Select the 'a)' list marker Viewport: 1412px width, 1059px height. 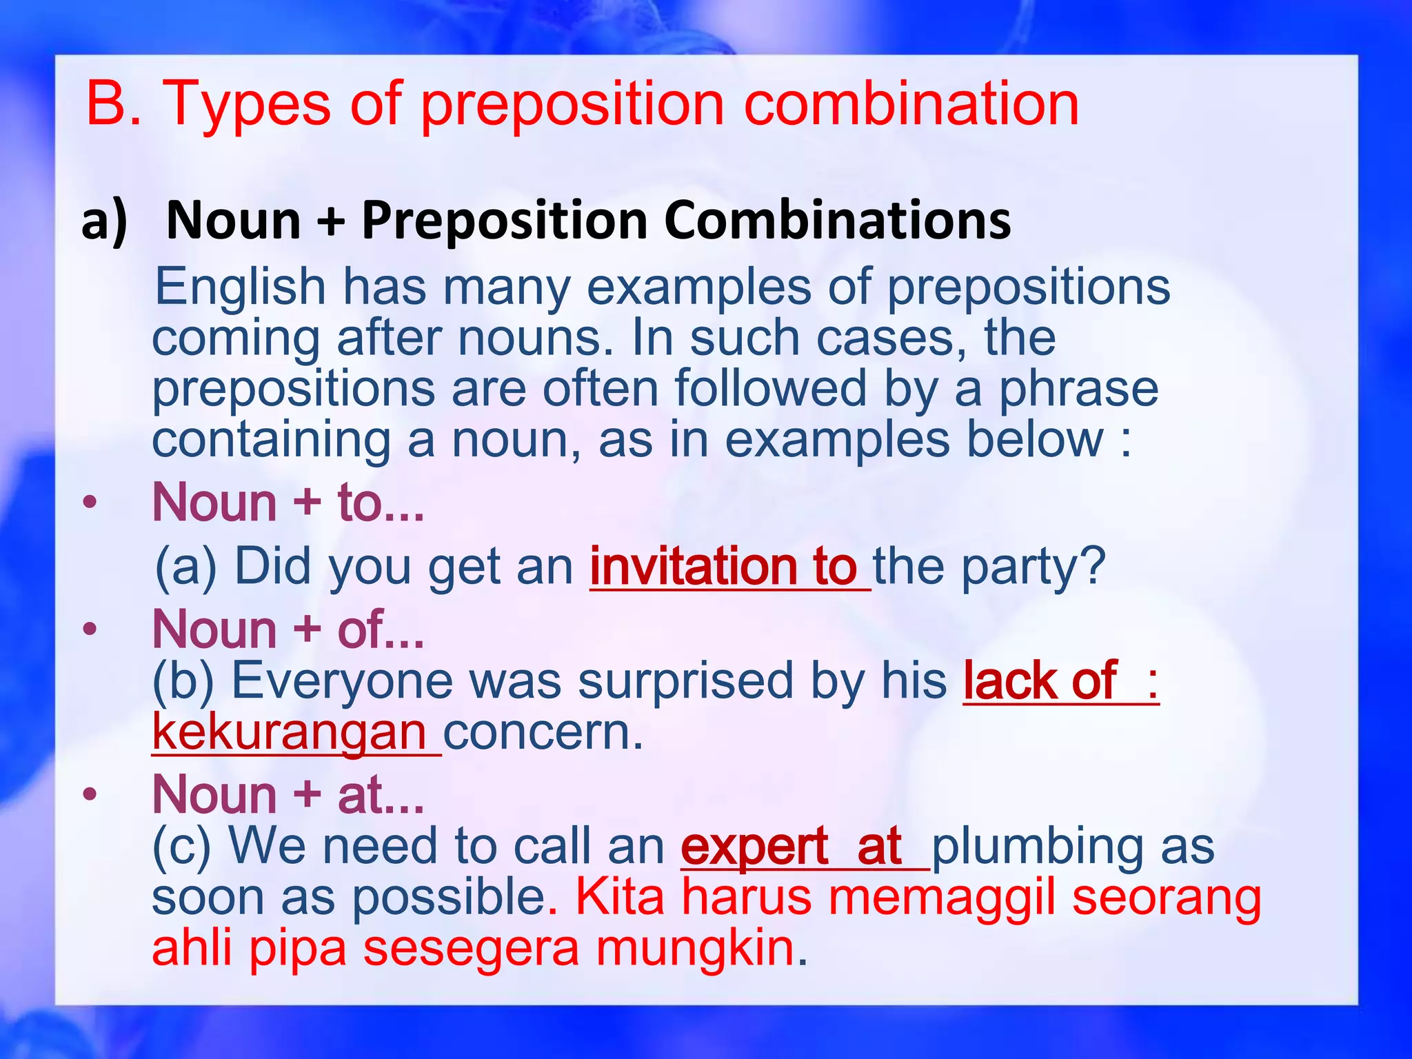coord(104,221)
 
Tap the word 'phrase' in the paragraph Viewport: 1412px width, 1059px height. coord(1079,389)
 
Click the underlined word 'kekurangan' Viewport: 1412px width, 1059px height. coord(290,732)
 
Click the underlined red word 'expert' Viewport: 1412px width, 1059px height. coord(754,847)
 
